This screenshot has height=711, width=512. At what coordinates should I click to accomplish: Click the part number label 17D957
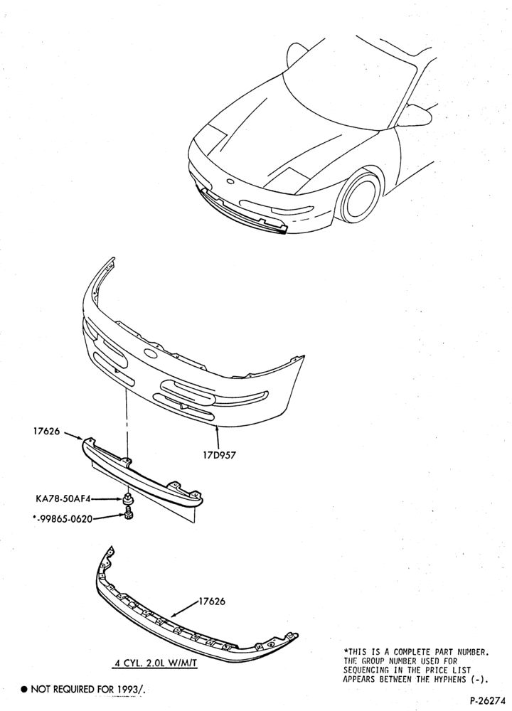tap(219, 455)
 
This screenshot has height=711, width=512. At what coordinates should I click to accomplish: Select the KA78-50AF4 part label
tap(63, 499)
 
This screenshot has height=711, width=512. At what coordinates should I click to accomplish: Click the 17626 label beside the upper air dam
tap(46, 432)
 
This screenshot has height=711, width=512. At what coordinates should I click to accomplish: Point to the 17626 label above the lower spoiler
tap(212, 602)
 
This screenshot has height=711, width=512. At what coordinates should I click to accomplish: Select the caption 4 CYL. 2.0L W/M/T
tap(156, 663)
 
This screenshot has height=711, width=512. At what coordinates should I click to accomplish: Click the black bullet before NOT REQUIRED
tap(24, 689)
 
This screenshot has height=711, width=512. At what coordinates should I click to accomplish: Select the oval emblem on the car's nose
tap(230, 182)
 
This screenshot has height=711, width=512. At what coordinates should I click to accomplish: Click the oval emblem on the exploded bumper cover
tap(150, 353)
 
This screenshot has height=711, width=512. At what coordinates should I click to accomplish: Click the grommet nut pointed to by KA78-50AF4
tap(128, 499)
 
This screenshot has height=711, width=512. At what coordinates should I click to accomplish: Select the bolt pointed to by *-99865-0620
tap(128, 515)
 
